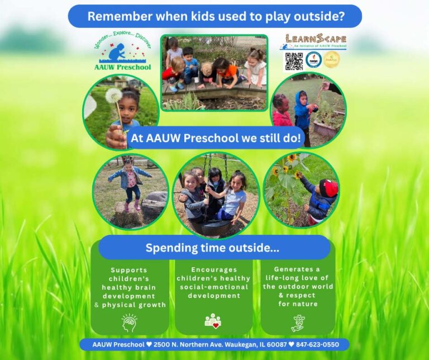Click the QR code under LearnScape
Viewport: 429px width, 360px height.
click(293, 60)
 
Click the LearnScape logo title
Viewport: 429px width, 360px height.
click(315, 39)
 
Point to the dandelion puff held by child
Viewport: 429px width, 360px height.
click(113, 96)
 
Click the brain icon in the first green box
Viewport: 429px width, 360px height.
click(129, 322)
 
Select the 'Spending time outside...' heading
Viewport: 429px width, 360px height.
click(213, 247)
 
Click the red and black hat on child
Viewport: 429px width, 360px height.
click(328, 188)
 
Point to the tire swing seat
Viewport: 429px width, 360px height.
click(215, 227)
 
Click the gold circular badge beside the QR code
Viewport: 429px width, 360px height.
click(332, 60)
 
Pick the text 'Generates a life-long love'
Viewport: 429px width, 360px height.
click(298, 273)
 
